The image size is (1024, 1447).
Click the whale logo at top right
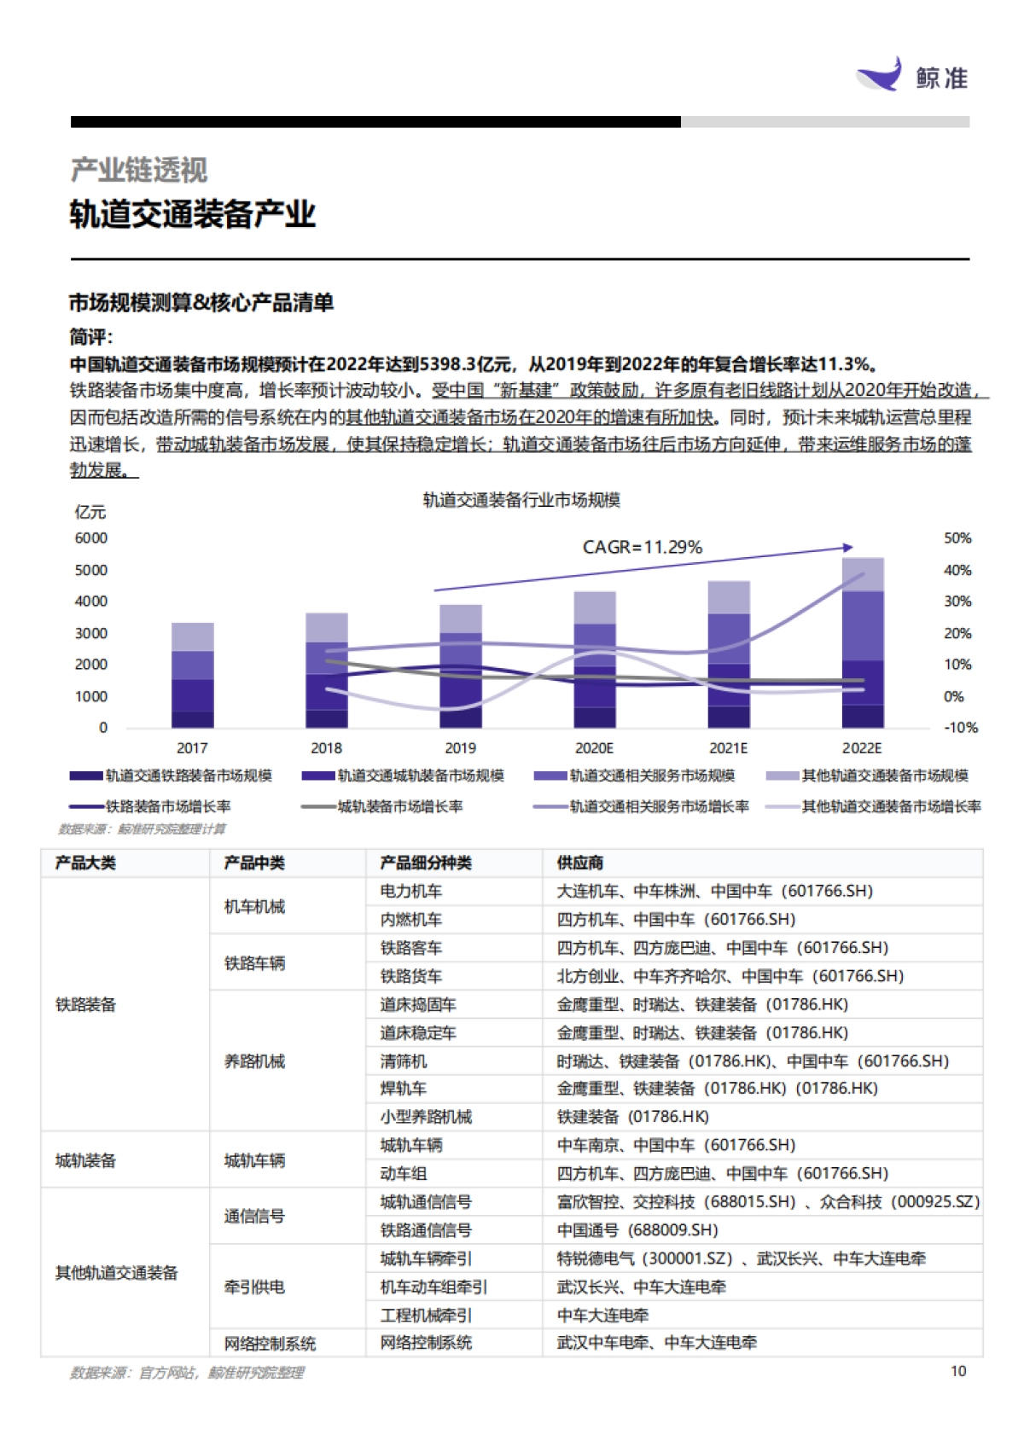coord(880,75)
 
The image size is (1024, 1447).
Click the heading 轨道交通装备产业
coord(193,214)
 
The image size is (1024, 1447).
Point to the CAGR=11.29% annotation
coord(642,547)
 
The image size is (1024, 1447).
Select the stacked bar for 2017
coord(192,675)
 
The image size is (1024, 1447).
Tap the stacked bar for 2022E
coord(862,642)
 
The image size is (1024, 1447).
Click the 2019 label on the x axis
coord(460,748)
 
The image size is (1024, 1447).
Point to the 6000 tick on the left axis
coord(91,538)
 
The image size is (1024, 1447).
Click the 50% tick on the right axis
coord(957,538)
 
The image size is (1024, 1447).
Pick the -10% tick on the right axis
coord(960,728)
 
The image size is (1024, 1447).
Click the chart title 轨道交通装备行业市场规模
coord(521,500)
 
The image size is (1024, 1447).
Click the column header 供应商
coord(580,863)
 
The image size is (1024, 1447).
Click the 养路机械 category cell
coord(254,1061)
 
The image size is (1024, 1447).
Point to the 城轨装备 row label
coord(85,1160)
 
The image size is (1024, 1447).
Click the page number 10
coord(958,1371)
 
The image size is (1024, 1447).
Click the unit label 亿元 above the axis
coord(90,512)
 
